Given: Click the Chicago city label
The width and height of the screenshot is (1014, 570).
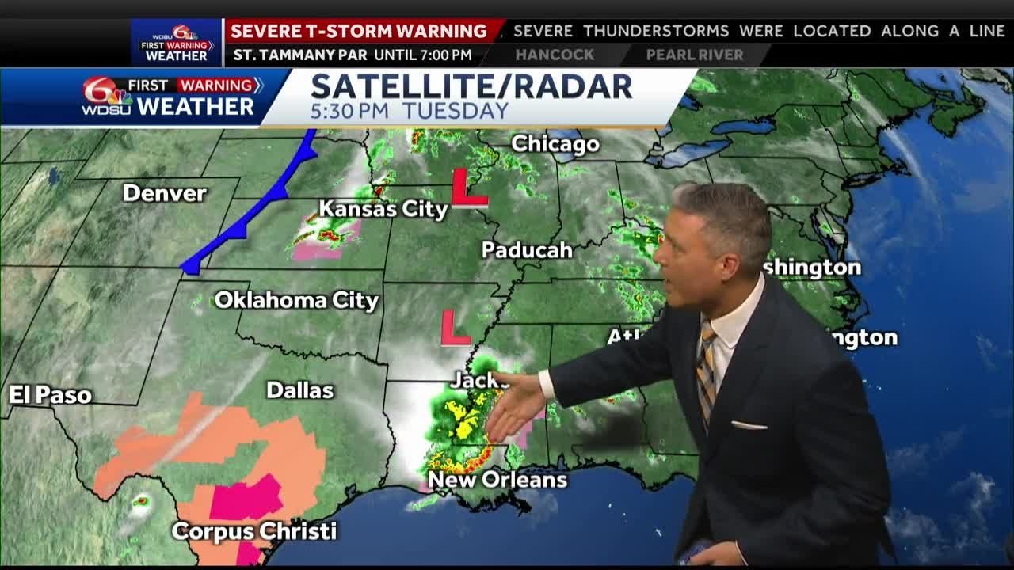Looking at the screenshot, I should (555, 144).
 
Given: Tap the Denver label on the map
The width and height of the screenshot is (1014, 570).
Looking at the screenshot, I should (165, 193).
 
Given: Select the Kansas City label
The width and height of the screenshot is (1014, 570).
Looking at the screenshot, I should (383, 209).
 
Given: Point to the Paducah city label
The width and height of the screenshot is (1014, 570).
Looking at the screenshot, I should (527, 250).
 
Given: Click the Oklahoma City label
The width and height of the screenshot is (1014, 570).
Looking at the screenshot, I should (296, 301).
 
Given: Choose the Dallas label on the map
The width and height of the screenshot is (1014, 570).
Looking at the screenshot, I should (299, 390).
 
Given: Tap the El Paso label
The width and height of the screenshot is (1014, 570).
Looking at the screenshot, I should (51, 395).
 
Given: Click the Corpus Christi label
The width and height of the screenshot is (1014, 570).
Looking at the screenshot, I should (254, 531).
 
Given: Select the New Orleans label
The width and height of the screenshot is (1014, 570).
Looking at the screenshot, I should (497, 480).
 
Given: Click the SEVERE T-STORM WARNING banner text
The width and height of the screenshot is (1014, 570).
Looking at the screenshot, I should (359, 32).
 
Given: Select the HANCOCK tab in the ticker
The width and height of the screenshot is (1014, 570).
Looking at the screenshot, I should (555, 55).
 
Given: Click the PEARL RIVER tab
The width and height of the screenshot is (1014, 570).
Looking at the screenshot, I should (695, 55).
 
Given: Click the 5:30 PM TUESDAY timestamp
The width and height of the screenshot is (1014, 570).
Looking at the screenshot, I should (409, 112).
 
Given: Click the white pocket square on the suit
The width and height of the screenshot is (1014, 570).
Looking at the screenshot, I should (748, 425).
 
